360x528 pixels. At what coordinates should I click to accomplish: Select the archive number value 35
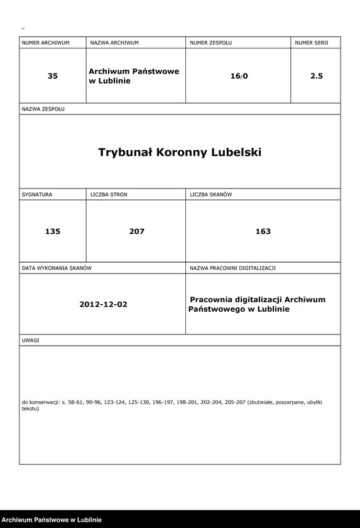tap(53, 76)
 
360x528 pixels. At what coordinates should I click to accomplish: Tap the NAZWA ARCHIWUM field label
tap(114, 43)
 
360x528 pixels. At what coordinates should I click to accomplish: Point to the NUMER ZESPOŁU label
tap(210, 43)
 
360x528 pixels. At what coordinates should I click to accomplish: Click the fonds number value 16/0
tap(239, 76)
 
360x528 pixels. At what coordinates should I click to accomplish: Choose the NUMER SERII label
tap(312, 43)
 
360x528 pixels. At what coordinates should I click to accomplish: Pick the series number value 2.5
tap(316, 76)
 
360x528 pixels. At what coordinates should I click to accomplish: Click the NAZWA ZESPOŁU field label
tap(43, 109)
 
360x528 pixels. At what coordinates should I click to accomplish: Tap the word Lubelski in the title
tap(236, 153)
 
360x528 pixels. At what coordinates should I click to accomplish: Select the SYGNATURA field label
tap(37, 195)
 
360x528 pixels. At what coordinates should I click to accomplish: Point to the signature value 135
tap(53, 231)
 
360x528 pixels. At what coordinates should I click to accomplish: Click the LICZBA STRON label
tap(109, 195)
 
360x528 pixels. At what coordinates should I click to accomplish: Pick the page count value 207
tap(136, 231)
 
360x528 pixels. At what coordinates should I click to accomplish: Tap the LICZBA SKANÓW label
tap(210, 195)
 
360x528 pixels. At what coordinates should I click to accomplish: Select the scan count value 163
tap(263, 231)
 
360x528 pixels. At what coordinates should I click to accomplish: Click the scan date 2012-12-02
tap(103, 304)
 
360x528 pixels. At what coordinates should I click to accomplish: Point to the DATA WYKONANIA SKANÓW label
tap(57, 268)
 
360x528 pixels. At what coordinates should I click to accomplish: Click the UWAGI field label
tap(31, 340)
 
